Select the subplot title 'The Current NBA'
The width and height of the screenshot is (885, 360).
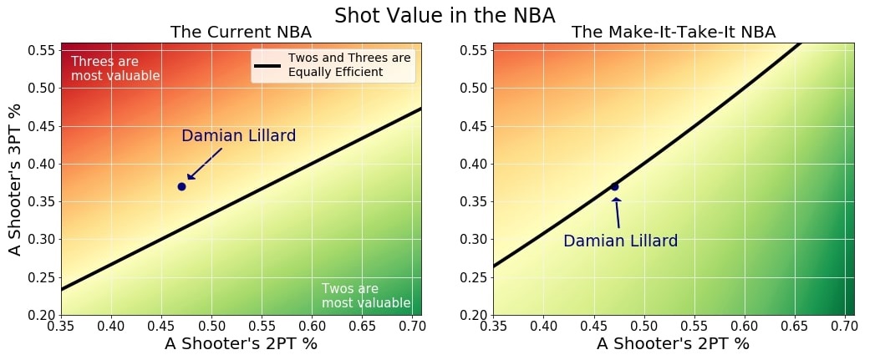click(241, 33)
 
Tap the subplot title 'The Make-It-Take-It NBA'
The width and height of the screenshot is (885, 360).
click(673, 33)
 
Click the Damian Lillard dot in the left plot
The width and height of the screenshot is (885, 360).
click(181, 186)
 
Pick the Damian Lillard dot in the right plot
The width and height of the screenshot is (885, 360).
click(614, 186)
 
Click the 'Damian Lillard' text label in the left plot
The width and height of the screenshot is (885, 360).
click(238, 136)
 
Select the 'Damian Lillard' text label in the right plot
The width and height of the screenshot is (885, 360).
click(620, 241)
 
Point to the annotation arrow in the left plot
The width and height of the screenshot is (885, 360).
click(205, 164)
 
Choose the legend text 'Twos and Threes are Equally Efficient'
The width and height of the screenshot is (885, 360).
click(348, 65)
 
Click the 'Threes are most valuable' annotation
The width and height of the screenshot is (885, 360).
click(114, 68)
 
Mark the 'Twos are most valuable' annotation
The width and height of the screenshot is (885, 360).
click(365, 296)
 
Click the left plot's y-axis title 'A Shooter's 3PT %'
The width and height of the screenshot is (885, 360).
click(14, 179)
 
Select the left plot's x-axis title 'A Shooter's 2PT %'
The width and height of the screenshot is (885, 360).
click(241, 343)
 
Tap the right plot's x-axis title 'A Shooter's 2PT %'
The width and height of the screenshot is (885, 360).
click(673, 343)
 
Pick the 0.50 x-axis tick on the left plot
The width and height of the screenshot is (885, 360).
click(211, 325)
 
